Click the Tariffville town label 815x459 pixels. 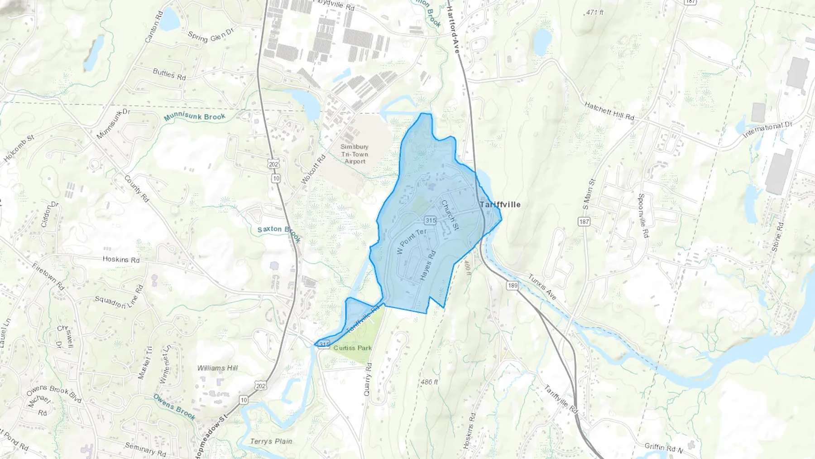click(500, 205)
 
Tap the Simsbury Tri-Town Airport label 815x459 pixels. click(355, 154)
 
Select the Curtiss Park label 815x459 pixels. click(352, 348)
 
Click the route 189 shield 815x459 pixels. click(512, 285)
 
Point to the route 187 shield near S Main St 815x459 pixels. click(584, 222)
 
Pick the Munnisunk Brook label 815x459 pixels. click(195, 117)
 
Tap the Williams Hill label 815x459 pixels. click(217, 368)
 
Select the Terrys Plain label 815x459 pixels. click(271, 441)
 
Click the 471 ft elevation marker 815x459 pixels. click(594, 13)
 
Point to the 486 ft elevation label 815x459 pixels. click(429, 382)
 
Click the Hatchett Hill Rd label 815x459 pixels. click(609, 111)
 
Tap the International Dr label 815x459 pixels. click(768, 129)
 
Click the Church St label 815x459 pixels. click(450, 214)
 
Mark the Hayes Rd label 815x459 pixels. click(427, 265)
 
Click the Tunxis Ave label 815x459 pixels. click(542, 286)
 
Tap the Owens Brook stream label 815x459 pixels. click(174, 406)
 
